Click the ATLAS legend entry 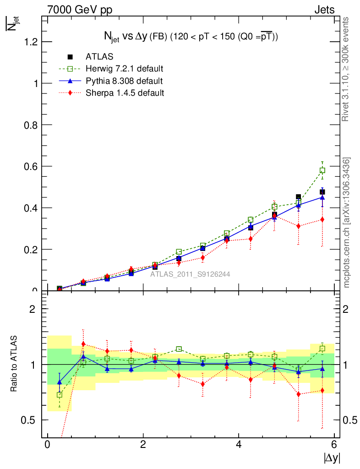click(99, 57)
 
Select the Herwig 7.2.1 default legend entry click(124, 69)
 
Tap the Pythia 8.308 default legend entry click(124, 81)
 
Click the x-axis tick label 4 click(239, 445)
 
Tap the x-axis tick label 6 click(334, 445)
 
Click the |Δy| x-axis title click(332, 458)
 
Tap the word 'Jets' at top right click(324, 10)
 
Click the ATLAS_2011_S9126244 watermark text click(190, 274)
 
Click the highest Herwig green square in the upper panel click(322, 170)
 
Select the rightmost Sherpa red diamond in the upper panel click(322, 219)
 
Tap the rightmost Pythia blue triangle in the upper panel click(322, 197)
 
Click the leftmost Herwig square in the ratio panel click(60, 394)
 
